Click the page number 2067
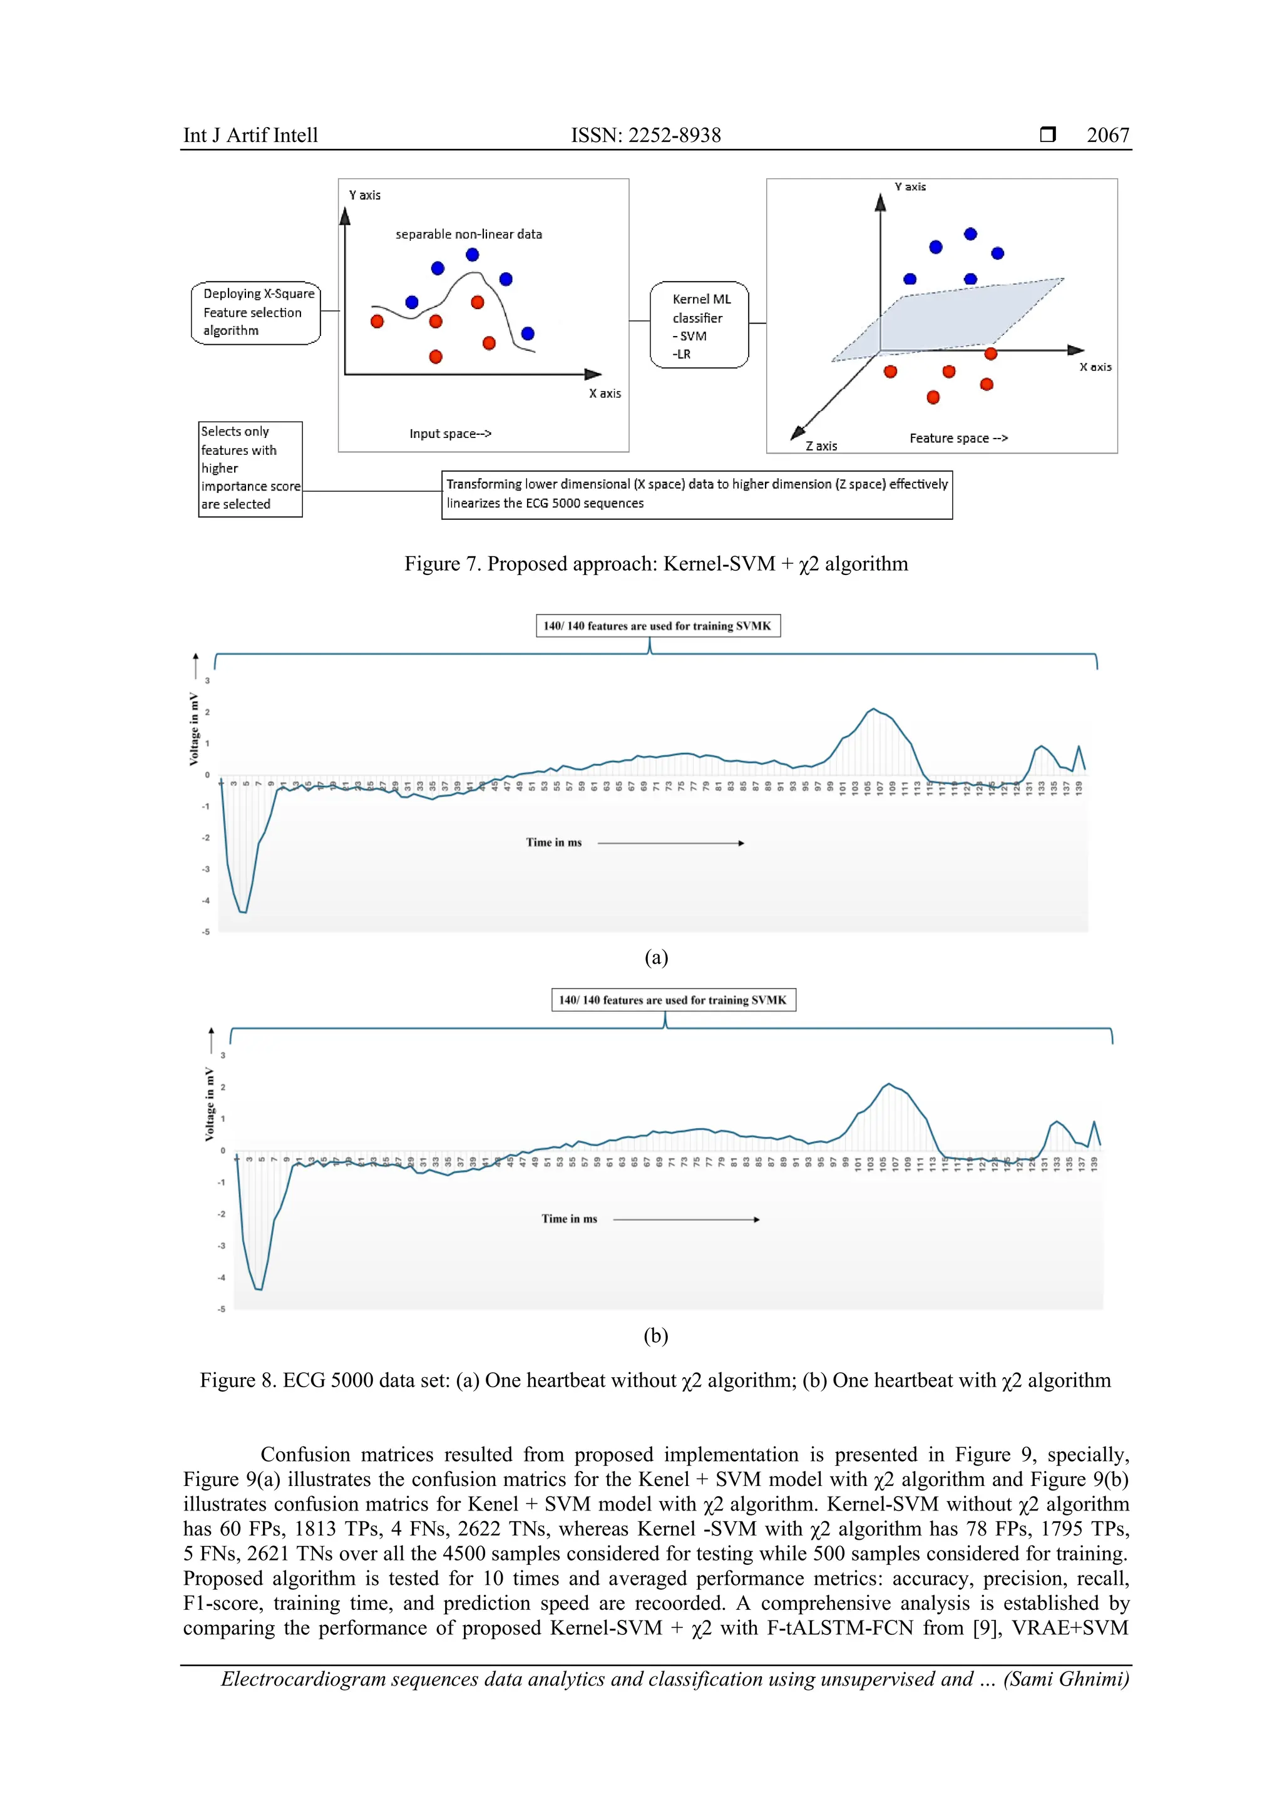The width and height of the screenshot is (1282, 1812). [x=1107, y=135]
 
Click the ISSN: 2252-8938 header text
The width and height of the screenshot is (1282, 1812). [x=646, y=135]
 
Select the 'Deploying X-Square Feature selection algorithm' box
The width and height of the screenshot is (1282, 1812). [x=256, y=312]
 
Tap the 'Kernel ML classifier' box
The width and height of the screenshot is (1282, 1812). [x=699, y=325]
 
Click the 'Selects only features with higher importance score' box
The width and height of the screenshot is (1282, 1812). [x=250, y=469]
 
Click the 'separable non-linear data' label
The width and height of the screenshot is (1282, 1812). [x=468, y=235]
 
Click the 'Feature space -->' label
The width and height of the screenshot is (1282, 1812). [x=958, y=438]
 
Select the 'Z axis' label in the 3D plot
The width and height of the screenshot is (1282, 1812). [x=821, y=446]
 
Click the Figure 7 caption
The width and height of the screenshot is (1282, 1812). [x=656, y=564]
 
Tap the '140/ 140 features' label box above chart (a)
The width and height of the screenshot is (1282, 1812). [x=657, y=626]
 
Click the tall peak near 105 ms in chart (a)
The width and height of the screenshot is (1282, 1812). [x=873, y=710]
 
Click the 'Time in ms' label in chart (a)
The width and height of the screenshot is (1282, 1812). [x=553, y=843]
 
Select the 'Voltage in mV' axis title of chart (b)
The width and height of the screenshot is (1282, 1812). [x=209, y=1104]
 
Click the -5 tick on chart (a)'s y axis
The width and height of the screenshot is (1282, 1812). [x=206, y=932]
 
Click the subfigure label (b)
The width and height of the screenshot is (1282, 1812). [x=655, y=1335]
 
